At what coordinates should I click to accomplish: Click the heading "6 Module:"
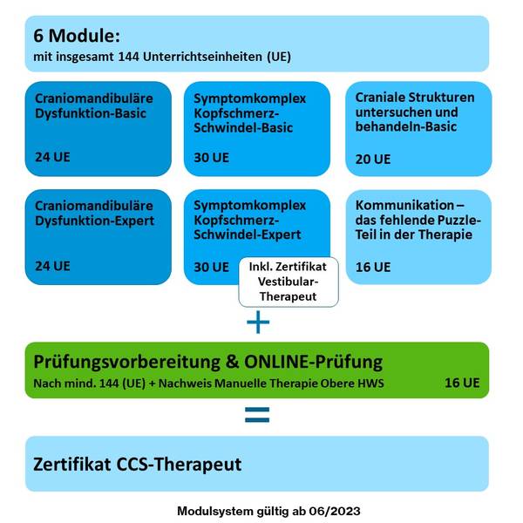[x=77, y=36]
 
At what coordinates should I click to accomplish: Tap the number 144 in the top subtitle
[x=128, y=57]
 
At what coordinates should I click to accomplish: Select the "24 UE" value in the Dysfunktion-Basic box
[x=52, y=157]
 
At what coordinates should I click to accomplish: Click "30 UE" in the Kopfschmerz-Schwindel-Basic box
[x=211, y=158]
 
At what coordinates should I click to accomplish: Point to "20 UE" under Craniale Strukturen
[x=372, y=160]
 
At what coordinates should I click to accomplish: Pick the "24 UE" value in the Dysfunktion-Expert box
[x=52, y=266]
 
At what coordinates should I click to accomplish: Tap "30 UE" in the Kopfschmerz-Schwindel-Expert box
[x=211, y=268]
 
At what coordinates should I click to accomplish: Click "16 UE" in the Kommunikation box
[x=372, y=268]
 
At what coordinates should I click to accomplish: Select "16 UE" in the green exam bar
[x=462, y=383]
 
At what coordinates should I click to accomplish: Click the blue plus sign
[x=258, y=322]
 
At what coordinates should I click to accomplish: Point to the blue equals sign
[x=257, y=415]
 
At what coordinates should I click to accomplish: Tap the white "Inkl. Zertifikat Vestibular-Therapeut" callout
[x=289, y=282]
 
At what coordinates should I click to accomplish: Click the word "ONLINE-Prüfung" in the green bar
[x=313, y=363]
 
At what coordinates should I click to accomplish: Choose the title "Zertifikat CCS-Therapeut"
[x=137, y=464]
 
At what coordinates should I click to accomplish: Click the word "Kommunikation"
[x=405, y=205]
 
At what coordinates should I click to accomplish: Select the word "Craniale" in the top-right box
[x=380, y=98]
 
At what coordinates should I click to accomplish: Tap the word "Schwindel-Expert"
[x=248, y=234]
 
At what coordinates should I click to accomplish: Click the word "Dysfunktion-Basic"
[x=91, y=113]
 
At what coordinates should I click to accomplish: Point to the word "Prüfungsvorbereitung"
[x=126, y=363]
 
